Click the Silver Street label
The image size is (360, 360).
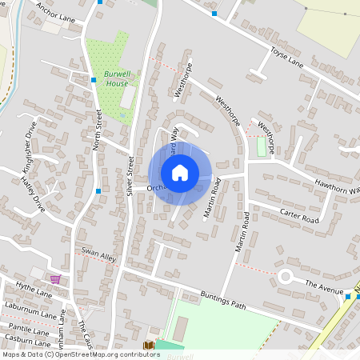point(129,177)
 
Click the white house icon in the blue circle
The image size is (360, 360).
point(180,173)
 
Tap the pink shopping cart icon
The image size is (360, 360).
point(55,278)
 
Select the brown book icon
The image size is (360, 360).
point(148,346)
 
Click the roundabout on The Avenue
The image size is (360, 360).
point(286,277)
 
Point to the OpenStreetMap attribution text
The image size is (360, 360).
point(81,354)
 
